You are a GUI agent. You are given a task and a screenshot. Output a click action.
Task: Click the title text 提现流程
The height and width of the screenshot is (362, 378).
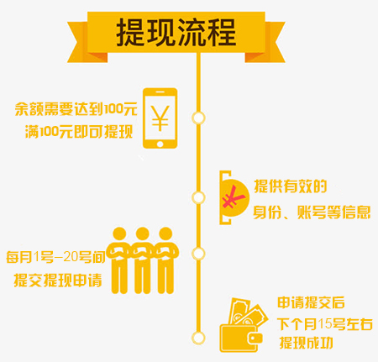[x=176, y=33]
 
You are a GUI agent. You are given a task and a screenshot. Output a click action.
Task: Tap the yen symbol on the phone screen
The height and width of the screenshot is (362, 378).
[x=160, y=118]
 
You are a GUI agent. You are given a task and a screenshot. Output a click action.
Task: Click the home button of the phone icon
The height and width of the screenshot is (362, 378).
[x=160, y=144]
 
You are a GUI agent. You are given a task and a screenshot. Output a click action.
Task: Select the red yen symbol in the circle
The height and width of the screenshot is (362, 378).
[x=233, y=197]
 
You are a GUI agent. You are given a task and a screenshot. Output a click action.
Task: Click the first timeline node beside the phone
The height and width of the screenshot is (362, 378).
[x=198, y=118]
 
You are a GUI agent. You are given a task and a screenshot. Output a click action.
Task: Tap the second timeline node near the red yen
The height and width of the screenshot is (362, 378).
[x=198, y=197]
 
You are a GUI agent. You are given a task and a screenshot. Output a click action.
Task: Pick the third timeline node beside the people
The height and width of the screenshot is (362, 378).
[x=198, y=254]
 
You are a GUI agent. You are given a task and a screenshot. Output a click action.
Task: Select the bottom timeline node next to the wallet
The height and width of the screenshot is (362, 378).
[x=198, y=338]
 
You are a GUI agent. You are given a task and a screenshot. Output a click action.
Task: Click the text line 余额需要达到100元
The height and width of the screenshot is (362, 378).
[x=76, y=109]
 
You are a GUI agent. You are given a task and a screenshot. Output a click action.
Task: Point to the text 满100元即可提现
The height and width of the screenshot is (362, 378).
[x=79, y=132]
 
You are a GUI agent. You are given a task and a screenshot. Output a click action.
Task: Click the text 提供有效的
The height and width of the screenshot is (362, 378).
[x=291, y=186]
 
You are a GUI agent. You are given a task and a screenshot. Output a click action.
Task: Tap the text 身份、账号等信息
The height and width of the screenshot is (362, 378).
[x=312, y=212]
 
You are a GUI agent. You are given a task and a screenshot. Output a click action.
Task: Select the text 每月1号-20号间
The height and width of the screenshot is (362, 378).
[x=56, y=257]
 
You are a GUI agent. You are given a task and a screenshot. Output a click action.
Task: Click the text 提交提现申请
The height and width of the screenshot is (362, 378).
[x=58, y=280]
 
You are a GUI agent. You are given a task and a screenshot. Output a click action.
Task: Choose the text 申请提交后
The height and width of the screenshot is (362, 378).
[x=311, y=302]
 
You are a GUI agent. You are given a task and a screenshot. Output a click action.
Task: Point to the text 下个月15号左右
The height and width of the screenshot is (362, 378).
[x=325, y=324]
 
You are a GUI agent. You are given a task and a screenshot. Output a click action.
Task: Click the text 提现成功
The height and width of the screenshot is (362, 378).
[x=307, y=343]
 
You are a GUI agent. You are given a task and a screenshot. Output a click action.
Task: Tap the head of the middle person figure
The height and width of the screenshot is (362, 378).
[x=143, y=233]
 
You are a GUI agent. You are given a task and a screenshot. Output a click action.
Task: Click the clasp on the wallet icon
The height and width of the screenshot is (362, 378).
[x=255, y=338]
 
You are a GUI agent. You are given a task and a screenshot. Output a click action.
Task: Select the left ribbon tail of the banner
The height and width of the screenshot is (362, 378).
[x=84, y=42]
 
